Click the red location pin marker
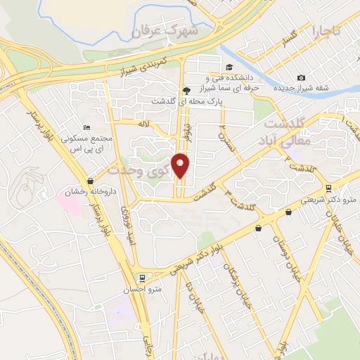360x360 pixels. tap(181, 165)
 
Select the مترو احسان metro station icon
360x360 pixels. tap(143, 278)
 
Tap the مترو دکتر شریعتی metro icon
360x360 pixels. tap(328, 188)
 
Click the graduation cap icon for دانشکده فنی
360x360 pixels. tap(229, 67)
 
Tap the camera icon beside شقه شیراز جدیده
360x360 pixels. tap(301, 77)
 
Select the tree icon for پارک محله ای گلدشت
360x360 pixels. tap(186, 90)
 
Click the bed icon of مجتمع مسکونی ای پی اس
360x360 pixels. tap(86, 127)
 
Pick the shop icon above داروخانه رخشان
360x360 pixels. tap(89, 181)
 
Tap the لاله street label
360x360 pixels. tap(145, 124)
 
